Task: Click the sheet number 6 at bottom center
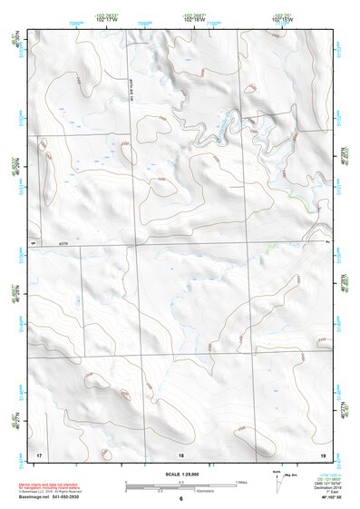[x=181, y=499]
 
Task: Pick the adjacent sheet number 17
[x=38, y=453]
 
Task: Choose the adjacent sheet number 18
[x=180, y=454]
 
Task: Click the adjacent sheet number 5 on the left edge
[x=34, y=244]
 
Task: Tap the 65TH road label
[x=63, y=243]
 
